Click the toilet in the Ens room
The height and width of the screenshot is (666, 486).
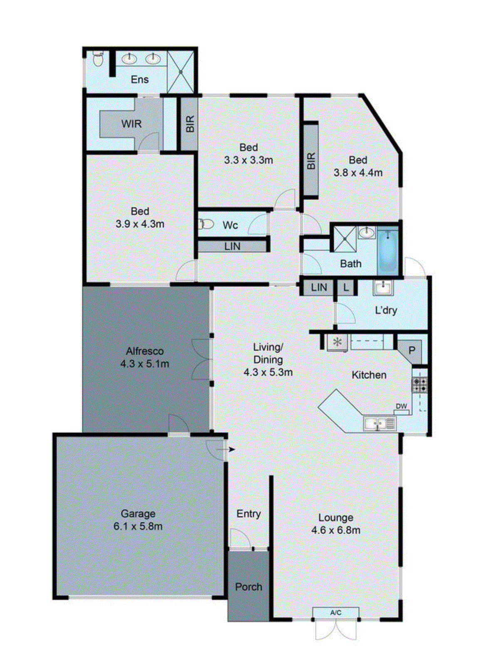click(98, 60)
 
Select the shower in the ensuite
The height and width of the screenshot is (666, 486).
click(181, 72)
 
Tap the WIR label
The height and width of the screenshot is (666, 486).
click(131, 124)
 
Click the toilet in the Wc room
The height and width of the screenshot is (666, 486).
click(206, 224)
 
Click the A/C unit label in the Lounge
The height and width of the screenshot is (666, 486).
click(336, 613)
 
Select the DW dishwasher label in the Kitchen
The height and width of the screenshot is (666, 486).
click(401, 406)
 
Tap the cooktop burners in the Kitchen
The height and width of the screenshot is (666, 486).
click(419, 385)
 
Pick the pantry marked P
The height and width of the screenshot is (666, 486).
click(412, 350)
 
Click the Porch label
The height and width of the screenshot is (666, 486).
click(248, 587)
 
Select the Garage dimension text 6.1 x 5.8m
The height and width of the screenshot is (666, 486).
click(138, 527)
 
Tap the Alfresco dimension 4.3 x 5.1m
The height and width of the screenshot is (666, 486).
click(144, 364)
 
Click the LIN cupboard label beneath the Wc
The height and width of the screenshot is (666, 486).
click(232, 246)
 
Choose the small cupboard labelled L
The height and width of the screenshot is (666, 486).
click(346, 288)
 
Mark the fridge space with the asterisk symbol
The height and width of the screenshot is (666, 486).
click(337, 343)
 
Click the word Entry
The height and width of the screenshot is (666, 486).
click(248, 514)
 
